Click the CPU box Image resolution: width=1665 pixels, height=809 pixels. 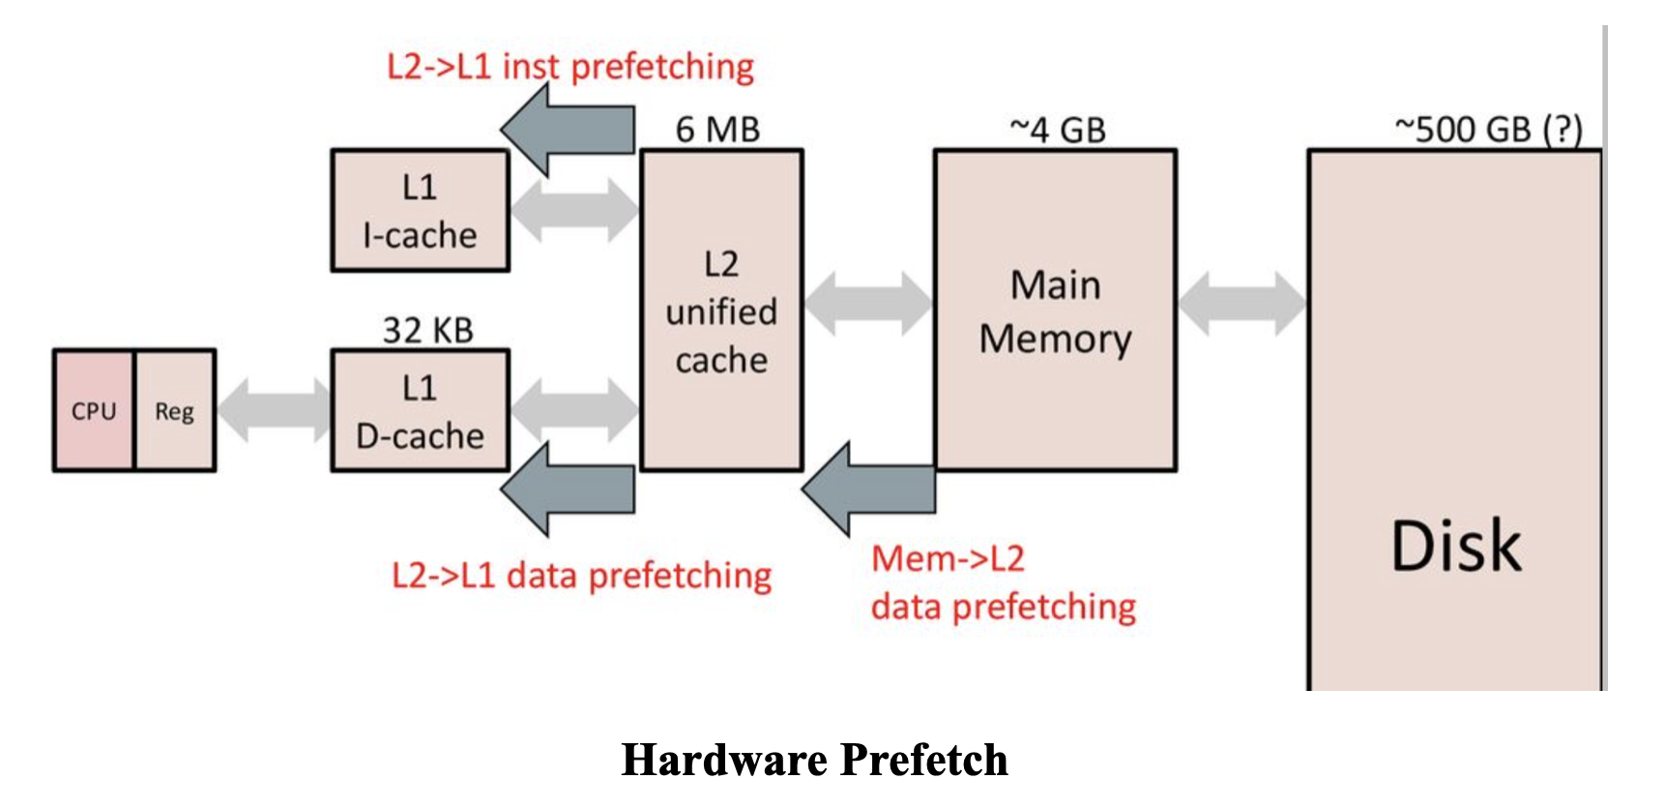point(94,411)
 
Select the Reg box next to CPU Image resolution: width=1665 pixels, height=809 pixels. point(174,411)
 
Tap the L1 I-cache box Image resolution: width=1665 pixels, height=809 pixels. point(420,211)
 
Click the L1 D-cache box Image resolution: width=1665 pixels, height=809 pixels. point(420,411)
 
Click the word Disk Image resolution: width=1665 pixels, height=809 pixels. point(1455,546)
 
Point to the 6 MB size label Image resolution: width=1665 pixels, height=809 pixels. point(717,130)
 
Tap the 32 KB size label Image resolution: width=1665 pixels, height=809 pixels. point(427,330)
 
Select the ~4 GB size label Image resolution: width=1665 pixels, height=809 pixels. point(1057,130)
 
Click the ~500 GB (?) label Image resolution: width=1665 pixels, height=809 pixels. point(1488,130)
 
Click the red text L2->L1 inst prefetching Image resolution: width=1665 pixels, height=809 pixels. point(570,67)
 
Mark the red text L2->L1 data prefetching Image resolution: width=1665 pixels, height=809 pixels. point(581,576)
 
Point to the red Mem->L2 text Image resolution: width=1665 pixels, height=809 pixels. point(948,558)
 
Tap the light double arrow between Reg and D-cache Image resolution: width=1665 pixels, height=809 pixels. point(274,410)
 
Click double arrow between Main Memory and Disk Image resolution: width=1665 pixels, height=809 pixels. point(1241,304)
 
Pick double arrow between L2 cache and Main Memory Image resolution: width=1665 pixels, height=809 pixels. point(867,304)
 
